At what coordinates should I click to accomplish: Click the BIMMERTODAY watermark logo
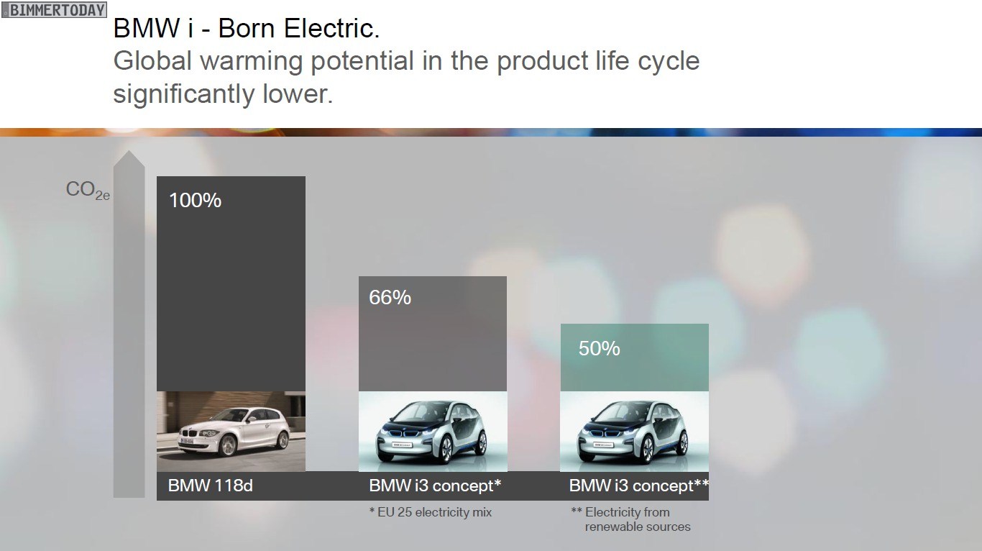point(54,9)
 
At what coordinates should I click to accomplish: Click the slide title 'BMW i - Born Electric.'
point(247,29)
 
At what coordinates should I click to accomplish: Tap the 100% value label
point(195,201)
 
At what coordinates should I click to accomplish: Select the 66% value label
point(390,297)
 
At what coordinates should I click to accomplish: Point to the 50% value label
point(600,348)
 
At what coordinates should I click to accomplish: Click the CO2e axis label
point(88,191)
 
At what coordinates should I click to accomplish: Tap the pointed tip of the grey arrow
point(129,151)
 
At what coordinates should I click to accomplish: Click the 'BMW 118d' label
point(211,486)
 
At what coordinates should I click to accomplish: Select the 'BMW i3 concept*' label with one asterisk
point(435,486)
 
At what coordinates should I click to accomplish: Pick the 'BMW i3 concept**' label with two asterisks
point(639,486)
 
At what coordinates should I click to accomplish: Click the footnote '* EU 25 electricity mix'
point(431,512)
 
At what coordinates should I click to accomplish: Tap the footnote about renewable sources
point(631,519)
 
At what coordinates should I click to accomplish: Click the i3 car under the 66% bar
point(431,432)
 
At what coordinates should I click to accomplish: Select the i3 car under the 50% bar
point(633,432)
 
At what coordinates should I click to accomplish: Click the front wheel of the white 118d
point(228,445)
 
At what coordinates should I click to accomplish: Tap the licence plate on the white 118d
point(186,440)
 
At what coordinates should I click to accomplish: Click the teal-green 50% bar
point(634,358)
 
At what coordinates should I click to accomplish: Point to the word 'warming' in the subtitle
point(252,61)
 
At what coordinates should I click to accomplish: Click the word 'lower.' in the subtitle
point(297,94)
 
